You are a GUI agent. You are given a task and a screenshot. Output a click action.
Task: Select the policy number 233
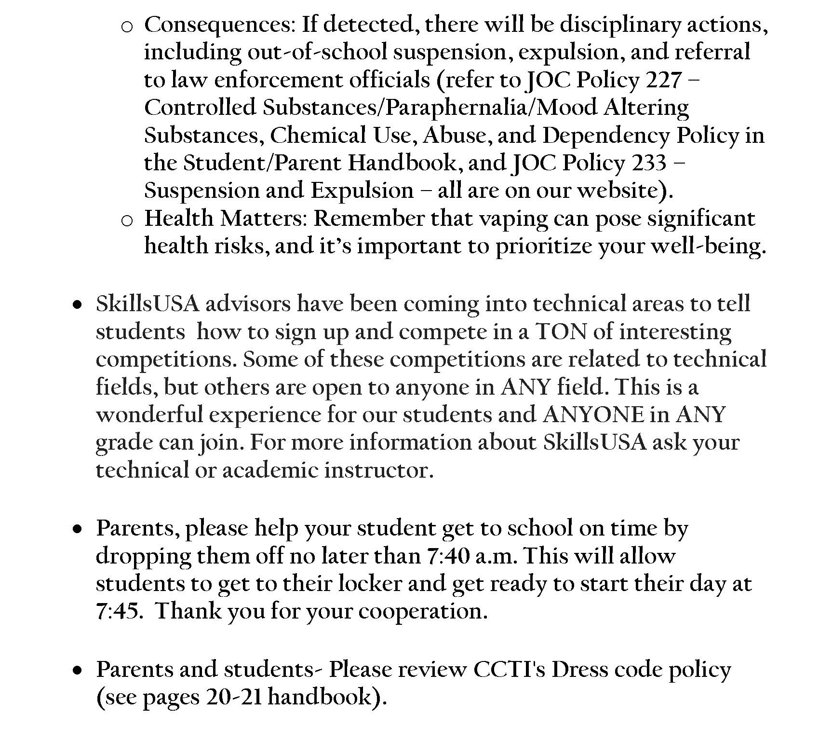coord(649,163)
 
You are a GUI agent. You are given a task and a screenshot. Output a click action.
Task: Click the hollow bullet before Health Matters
coord(127,220)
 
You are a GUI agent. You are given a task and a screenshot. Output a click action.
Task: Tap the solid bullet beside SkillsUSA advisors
coord(77,305)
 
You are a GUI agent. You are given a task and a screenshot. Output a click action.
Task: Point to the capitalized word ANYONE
coord(593,415)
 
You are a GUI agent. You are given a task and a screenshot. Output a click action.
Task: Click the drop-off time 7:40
coord(448,556)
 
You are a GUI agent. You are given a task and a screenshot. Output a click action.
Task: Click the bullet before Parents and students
coord(77,671)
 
